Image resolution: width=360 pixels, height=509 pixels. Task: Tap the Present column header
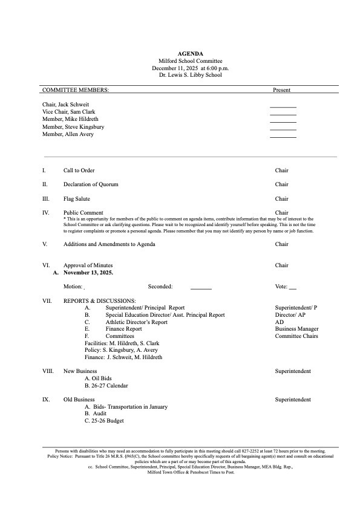point(281,90)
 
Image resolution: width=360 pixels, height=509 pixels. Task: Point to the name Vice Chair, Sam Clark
point(68,112)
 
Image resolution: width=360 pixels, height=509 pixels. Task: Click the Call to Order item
point(79,170)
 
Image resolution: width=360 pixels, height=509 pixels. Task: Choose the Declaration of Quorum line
point(91,184)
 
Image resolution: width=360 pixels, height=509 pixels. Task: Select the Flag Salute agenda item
point(77,199)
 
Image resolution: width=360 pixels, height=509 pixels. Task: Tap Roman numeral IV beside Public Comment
point(45,213)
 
